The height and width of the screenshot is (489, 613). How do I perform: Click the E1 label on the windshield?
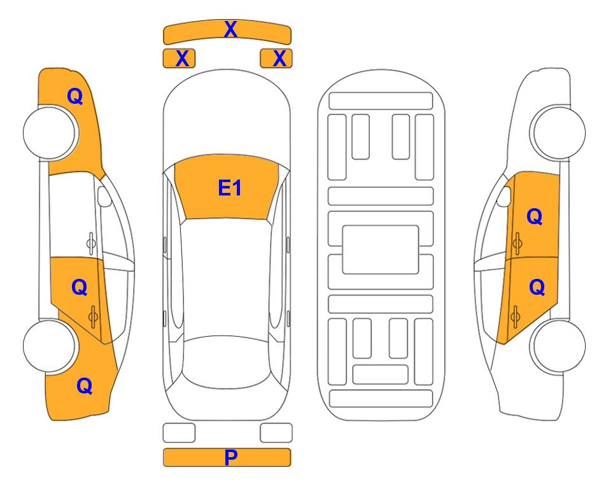click(x=230, y=188)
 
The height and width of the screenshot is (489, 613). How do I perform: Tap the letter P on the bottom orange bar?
click(x=230, y=457)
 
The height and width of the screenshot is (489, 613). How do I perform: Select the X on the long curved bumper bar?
click(x=230, y=29)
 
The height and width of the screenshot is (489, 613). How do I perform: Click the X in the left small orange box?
click(x=182, y=59)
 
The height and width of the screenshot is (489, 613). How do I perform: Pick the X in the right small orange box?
click(x=279, y=59)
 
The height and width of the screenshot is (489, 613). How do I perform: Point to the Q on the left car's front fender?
click(x=75, y=96)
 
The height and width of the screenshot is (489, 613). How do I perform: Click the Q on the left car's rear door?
click(x=80, y=288)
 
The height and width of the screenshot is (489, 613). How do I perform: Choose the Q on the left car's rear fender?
click(x=85, y=386)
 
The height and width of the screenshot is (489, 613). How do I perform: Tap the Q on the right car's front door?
click(x=535, y=216)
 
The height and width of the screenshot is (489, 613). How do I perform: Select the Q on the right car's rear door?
click(x=537, y=288)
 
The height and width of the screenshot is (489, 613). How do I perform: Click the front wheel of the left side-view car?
click(x=50, y=132)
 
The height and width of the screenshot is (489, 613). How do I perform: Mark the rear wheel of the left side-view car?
click(x=50, y=346)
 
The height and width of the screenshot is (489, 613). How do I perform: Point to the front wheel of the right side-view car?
click(x=558, y=132)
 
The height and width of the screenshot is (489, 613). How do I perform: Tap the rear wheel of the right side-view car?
click(x=558, y=346)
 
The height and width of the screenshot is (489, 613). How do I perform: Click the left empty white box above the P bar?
click(x=179, y=433)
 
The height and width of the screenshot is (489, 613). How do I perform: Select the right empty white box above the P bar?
click(x=276, y=433)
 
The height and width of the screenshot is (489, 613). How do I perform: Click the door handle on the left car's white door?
click(x=90, y=243)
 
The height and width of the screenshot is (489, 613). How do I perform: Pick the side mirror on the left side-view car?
click(x=104, y=196)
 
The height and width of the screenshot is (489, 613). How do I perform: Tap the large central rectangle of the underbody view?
click(x=381, y=250)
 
